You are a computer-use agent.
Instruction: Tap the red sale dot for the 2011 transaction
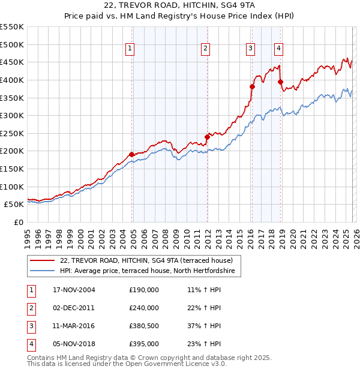[x=207, y=137]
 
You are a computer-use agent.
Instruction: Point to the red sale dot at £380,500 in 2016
[x=252, y=86]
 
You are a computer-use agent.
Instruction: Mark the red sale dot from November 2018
[x=280, y=82]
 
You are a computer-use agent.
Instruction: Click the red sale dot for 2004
[x=132, y=154]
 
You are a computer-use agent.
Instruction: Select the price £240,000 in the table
[x=144, y=308]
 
